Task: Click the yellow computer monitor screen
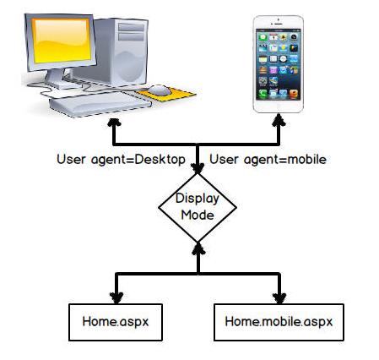62,41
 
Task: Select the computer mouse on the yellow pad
160,90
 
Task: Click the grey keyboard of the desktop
100,104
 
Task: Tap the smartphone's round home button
278,106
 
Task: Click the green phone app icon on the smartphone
263,93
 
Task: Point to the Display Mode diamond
198,208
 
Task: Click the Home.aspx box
116,322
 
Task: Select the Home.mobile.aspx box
279,322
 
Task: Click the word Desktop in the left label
160,160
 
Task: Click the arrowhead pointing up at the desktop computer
114,123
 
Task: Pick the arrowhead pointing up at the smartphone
279,120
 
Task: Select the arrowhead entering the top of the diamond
198,168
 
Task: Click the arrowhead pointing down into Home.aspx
116,298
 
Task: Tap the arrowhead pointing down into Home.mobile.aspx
279,298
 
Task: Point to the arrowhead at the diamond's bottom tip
198,248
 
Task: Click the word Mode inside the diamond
198,215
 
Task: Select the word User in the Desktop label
71,160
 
